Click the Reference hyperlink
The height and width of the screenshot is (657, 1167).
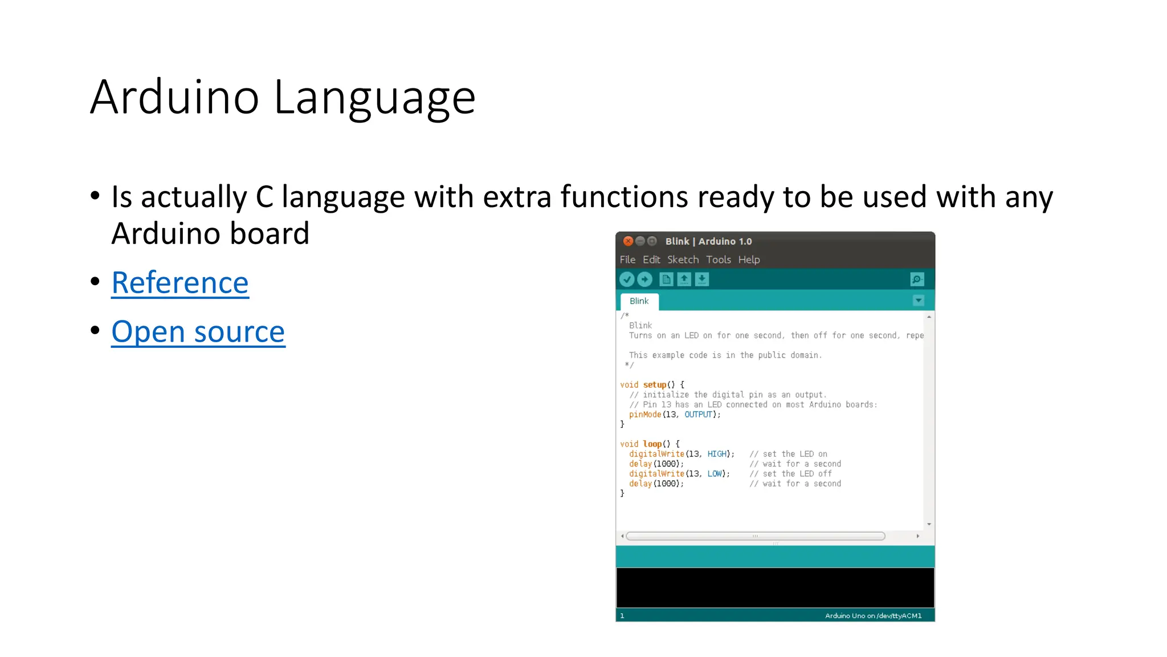[x=180, y=283]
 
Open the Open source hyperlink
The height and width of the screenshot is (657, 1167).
[x=198, y=332]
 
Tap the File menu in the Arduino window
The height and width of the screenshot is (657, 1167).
[x=627, y=259]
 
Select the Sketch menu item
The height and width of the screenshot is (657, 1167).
[x=683, y=259]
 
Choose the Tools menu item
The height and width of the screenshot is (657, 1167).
[x=718, y=259]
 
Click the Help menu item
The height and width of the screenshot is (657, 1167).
[x=749, y=259]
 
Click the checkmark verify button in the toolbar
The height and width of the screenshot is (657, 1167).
[x=627, y=279]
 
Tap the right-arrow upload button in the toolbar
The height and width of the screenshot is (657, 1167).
[x=644, y=279]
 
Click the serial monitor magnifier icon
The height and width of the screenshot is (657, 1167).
[x=917, y=279]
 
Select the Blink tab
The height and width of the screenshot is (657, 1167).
[x=639, y=301]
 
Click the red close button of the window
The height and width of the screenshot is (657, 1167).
[x=628, y=241]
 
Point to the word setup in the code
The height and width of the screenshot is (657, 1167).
[x=654, y=385]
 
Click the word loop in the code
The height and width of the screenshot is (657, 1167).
[x=652, y=444]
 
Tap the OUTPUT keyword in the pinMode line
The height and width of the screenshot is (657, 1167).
[x=698, y=415]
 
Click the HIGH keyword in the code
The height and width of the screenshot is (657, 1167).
[x=717, y=454]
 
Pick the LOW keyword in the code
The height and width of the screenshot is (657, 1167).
[x=715, y=474]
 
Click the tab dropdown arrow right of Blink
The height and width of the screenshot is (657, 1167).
[x=918, y=301]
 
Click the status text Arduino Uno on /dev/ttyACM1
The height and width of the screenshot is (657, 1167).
[x=873, y=616]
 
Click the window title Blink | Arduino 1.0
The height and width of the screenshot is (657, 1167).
[x=708, y=241]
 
